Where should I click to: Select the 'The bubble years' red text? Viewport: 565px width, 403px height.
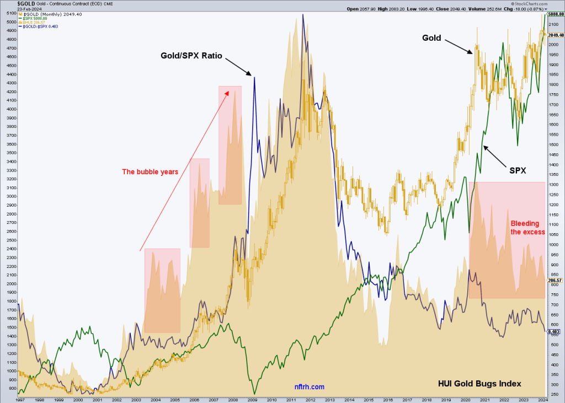[x=150, y=171]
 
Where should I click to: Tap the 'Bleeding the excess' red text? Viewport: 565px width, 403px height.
[x=527, y=228]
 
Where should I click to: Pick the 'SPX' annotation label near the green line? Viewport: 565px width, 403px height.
[x=516, y=171]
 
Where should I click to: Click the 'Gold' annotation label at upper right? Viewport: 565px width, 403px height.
[x=431, y=38]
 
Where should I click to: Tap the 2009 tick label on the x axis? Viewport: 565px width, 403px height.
[x=253, y=399]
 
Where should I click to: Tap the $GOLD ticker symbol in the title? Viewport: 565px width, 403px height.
[x=12, y=3]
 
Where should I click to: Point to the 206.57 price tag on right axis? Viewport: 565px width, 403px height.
[x=555, y=280]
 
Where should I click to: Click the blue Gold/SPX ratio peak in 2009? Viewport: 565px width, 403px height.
[x=254, y=78]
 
